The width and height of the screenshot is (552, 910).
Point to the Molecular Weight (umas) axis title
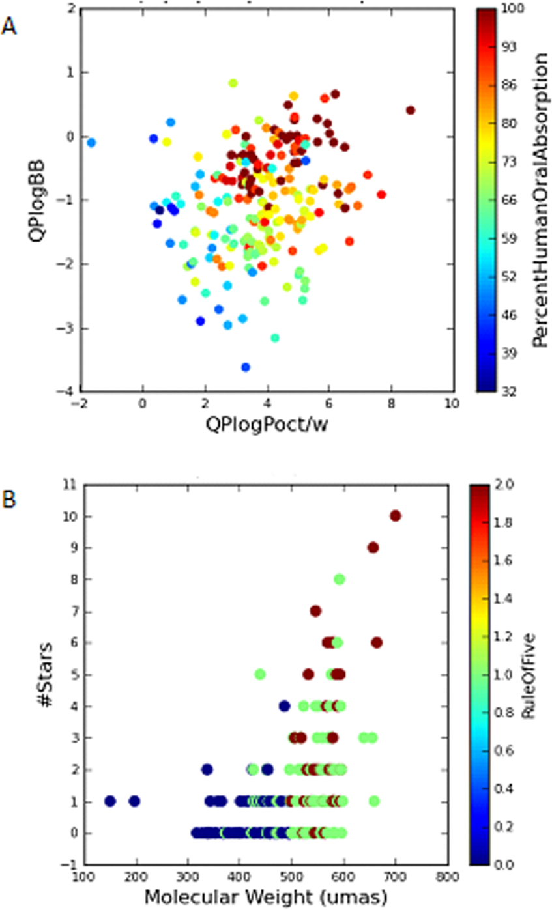pyautogui.click(x=265, y=897)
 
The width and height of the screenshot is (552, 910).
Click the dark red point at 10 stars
pyautogui.click(x=395, y=516)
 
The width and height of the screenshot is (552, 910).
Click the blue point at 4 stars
pyautogui.click(x=284, y=705)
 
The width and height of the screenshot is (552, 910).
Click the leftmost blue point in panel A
pyautogui.click(x=91, y=143)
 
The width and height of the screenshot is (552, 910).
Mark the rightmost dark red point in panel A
pyautogui.click(x=410, y=110)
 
